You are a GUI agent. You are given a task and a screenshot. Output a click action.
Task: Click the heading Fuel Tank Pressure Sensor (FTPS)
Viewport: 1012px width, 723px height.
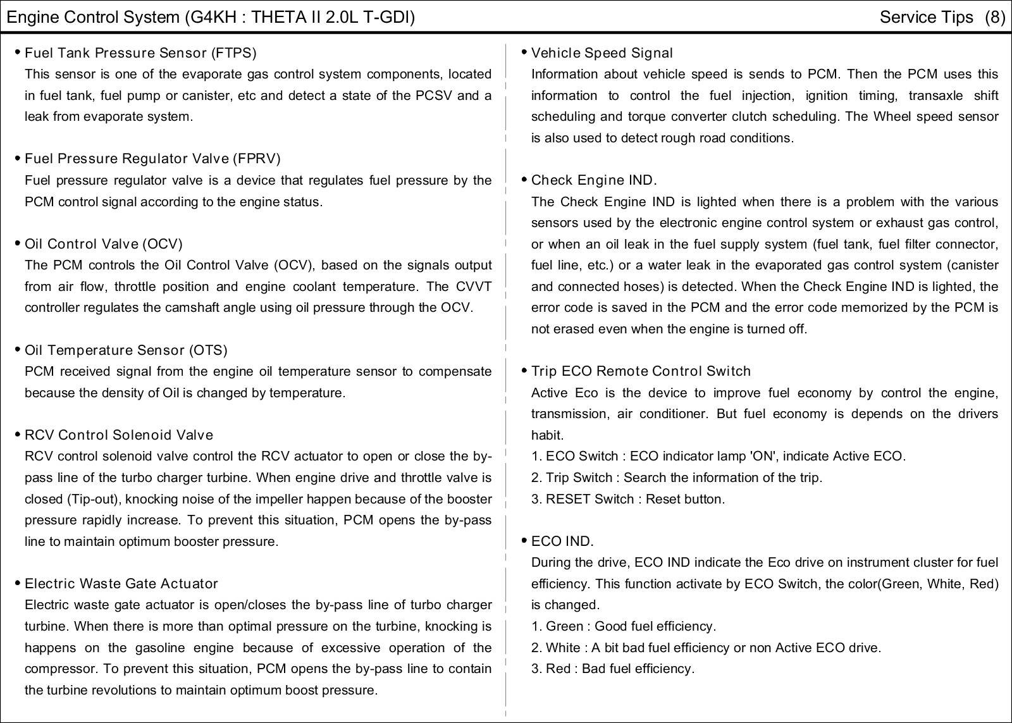[x=140, y=53]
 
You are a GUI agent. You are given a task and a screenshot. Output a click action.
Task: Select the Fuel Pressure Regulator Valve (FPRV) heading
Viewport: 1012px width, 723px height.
[x=152, y=158]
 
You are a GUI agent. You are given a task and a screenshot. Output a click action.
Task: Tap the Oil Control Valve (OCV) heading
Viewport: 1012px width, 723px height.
[x=104, y=244]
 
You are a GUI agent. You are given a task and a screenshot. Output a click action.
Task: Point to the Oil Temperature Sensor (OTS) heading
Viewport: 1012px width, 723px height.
[x=126, y=350]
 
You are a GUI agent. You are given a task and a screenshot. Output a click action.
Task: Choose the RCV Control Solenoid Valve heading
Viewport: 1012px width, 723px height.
[x=119, y=435]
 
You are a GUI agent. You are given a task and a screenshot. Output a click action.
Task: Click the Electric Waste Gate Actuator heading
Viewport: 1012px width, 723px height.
[x=121, y=583]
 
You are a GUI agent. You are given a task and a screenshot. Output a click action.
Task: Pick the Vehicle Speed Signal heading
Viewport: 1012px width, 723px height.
[x=602, y=53]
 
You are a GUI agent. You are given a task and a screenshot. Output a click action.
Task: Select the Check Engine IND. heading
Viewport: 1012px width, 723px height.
[x=594, y=180]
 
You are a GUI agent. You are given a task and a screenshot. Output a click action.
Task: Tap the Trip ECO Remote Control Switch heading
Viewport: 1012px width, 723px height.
[x=641, y=371]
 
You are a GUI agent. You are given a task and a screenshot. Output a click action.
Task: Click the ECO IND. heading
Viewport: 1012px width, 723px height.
[x=562, y=541]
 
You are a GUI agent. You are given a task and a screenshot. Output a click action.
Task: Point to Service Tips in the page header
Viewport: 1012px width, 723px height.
[x=926, y=17]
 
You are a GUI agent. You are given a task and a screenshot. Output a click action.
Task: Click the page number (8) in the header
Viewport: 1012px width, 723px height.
[x=994, y=17]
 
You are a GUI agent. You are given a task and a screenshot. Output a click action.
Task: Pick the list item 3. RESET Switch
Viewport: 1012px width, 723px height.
[x=628, y=499]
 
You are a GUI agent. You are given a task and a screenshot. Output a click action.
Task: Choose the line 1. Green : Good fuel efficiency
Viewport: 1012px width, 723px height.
[x=624, y=626]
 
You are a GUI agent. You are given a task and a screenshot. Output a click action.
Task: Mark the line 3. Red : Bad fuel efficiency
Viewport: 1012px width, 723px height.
[x=613, y=669]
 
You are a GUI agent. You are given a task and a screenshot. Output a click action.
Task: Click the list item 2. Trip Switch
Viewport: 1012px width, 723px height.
[x=677, y=478]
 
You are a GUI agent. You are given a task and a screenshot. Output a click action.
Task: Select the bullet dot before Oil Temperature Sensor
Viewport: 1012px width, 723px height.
[x=18, y=349]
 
